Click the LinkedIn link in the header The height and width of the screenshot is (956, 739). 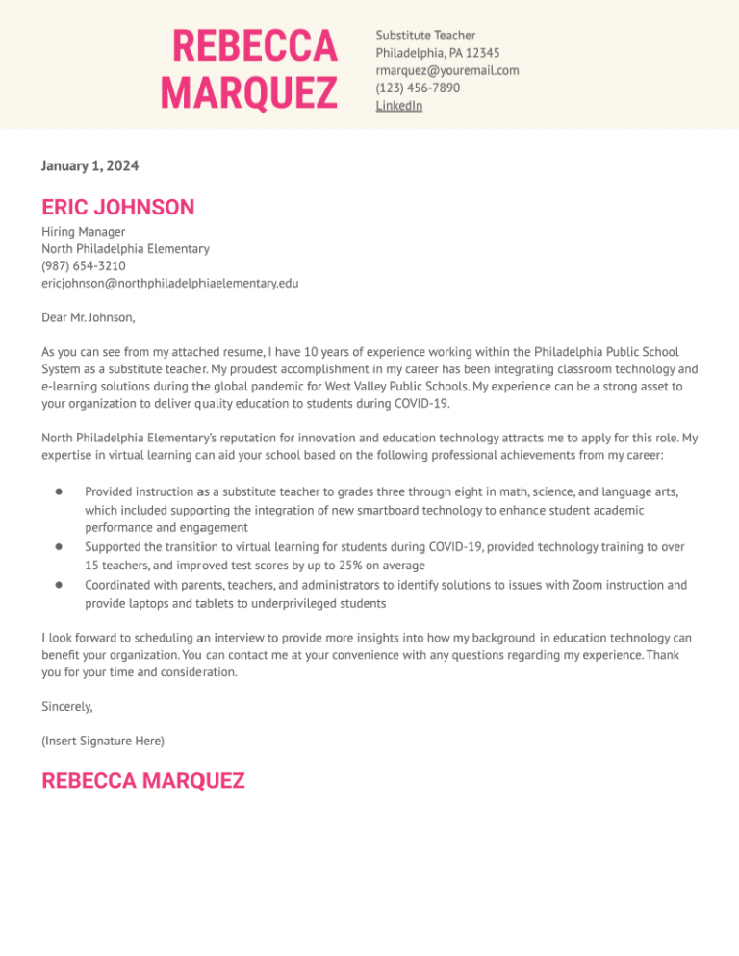[x=398, y=106]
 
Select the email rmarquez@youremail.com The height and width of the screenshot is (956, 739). [x=446, y=70]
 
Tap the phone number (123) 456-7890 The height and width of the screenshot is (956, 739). [x=418, y=88]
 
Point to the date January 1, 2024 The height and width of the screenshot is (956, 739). [x=89, y=166]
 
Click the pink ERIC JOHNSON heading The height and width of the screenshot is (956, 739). [x=117, y=207]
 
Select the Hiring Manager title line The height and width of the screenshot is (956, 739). [x=83, y=232]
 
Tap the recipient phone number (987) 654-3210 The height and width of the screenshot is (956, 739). [x=83, y=265]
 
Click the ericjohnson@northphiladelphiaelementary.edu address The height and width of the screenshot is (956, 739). [x=169, y=283]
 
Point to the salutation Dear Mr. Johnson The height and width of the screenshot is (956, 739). [x=89, y=317]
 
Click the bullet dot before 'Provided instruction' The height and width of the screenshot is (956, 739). [x=59, y=491]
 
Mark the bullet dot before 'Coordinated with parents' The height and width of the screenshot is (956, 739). [x=59, y=584]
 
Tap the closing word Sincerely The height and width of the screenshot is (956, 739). [x=67, y=706]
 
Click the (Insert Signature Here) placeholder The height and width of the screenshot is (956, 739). [x=103, y=741]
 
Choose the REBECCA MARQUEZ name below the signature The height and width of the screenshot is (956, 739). [x=143, y=780]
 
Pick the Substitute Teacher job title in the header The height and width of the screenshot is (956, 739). [x=425, y=36]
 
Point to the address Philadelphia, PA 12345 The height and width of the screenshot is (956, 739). [x=437, y=53]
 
